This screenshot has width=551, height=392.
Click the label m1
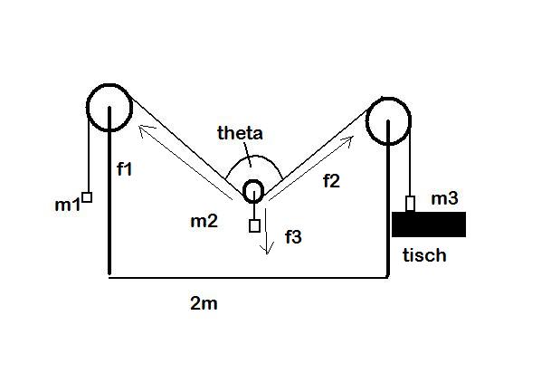pyautogui.click(x=68, y=205)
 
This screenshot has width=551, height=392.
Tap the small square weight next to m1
pyautogui.click(x=87, y=197)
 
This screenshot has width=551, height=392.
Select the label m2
pyautogui.click(x=204, y=221)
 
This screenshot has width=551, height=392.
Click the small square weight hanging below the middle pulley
pyautogui.click(x=255, y=225)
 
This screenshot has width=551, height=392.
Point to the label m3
pyautogui.click(x=444, y=198)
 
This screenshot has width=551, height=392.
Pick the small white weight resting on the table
pyautogui.click(x=410, y=204)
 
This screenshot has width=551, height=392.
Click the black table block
pyautogui.click(x=429, y=225)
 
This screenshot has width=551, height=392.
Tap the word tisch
pyautogui.click(x=424, y=255)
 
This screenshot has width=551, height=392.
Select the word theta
pyautogui.click(x=240, y=133)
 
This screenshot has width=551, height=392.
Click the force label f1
pyautogui.click(x=125, y=169)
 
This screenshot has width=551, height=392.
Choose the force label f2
pyautogui.click(x=331, y=181)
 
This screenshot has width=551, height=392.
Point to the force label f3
pyautogui.click(x=293, y=237)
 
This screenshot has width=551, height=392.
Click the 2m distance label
pyautogui.click(x=204, y=303)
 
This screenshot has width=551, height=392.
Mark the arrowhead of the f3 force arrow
pyautogui.click(x=267, y=253)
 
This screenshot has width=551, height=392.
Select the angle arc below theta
pyautogui.click(x=253, y=156)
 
